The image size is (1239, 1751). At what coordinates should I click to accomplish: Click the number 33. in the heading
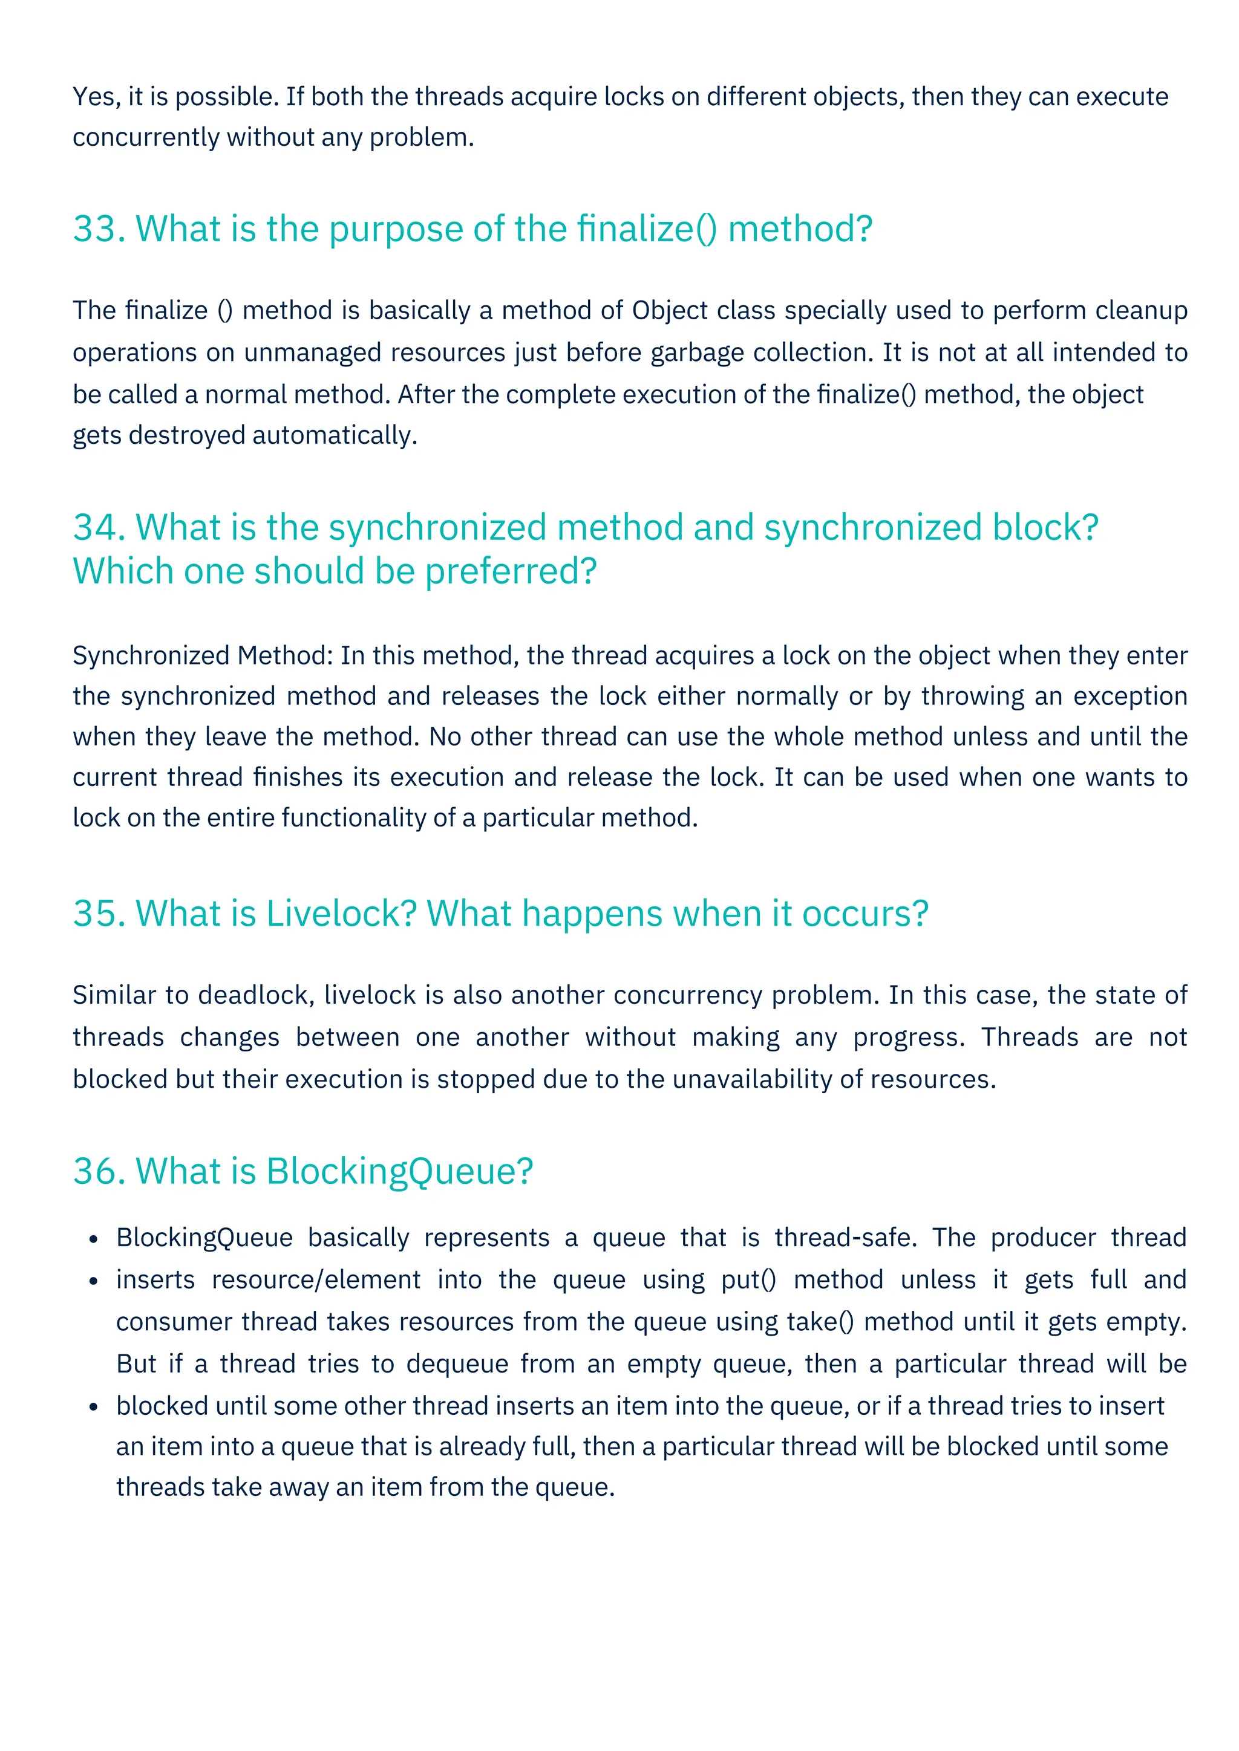99,229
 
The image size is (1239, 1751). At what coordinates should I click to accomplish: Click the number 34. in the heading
99,527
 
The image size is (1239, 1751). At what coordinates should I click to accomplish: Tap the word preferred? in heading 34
511,571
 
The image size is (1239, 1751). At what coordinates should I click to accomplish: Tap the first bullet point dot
93,1238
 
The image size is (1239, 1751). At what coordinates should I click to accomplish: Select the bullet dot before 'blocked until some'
93,1406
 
